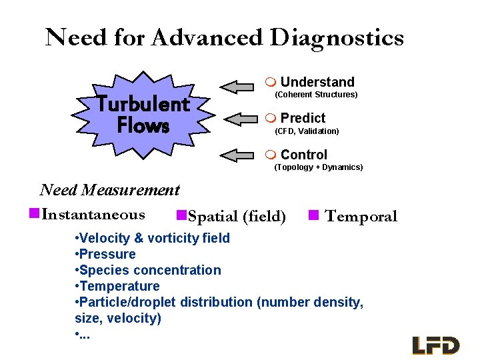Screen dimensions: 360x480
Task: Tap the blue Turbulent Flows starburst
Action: pos(143,115)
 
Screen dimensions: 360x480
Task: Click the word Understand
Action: pos(317,82)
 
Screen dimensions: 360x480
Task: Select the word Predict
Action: pos(303,118)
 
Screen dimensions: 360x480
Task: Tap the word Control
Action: pos(303,155)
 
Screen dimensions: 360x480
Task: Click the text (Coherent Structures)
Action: pos(316,95)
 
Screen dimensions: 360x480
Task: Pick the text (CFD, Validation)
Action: pos(307,131)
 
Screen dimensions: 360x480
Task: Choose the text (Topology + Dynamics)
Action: pos(319,167)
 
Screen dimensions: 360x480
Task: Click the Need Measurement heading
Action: pos(110,190)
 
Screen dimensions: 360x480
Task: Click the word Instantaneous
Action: pos(93,215)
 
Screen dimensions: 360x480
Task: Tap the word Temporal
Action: pos(361,216)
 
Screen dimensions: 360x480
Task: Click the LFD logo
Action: pos(436,345)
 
